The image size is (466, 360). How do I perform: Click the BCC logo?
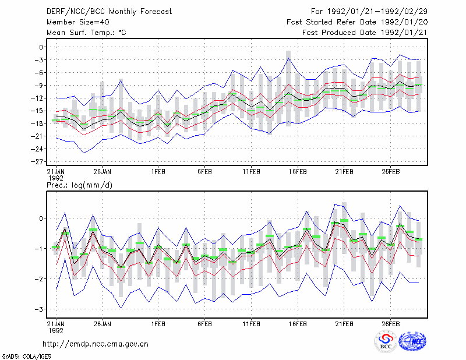386,342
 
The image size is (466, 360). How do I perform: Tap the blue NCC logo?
412,341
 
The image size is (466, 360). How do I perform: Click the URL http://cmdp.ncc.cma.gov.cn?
96,344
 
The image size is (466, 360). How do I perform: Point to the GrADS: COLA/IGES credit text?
26,357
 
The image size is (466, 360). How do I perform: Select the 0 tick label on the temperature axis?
41,47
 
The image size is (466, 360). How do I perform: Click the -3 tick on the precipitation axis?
38,309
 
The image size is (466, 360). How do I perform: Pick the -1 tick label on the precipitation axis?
38,249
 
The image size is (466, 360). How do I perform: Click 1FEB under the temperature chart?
158,172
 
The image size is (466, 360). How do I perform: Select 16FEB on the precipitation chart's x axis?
298,324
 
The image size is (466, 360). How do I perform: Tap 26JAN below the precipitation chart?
103,324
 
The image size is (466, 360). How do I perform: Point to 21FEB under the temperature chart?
344,172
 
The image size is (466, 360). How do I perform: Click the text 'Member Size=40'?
78,22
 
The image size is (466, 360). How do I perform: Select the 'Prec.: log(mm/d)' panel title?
79,185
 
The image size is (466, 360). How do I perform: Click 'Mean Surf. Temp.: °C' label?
86,33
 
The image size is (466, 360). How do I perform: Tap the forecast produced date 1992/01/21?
404,33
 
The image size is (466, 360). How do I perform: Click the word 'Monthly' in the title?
123,12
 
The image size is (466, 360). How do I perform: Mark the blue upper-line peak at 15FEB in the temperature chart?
288,58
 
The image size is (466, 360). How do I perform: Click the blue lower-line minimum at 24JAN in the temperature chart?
84,153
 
